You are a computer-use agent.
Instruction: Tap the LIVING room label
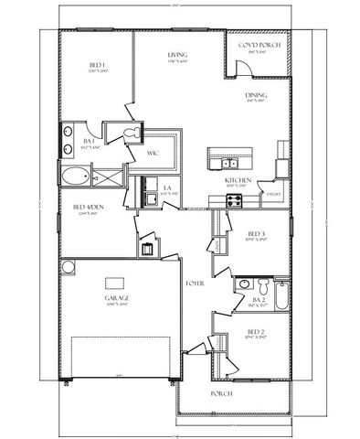pos(177,56)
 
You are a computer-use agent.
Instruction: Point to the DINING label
pos(255,95)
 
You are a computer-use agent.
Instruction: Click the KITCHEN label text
pos(238,180)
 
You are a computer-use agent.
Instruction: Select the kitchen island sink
pos(228,164)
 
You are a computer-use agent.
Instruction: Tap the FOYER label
pos(194,284)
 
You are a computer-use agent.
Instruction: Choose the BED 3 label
pos(256,234)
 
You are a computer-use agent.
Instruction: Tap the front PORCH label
pos(221,393)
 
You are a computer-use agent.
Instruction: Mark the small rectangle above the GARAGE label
pos(114,282)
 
